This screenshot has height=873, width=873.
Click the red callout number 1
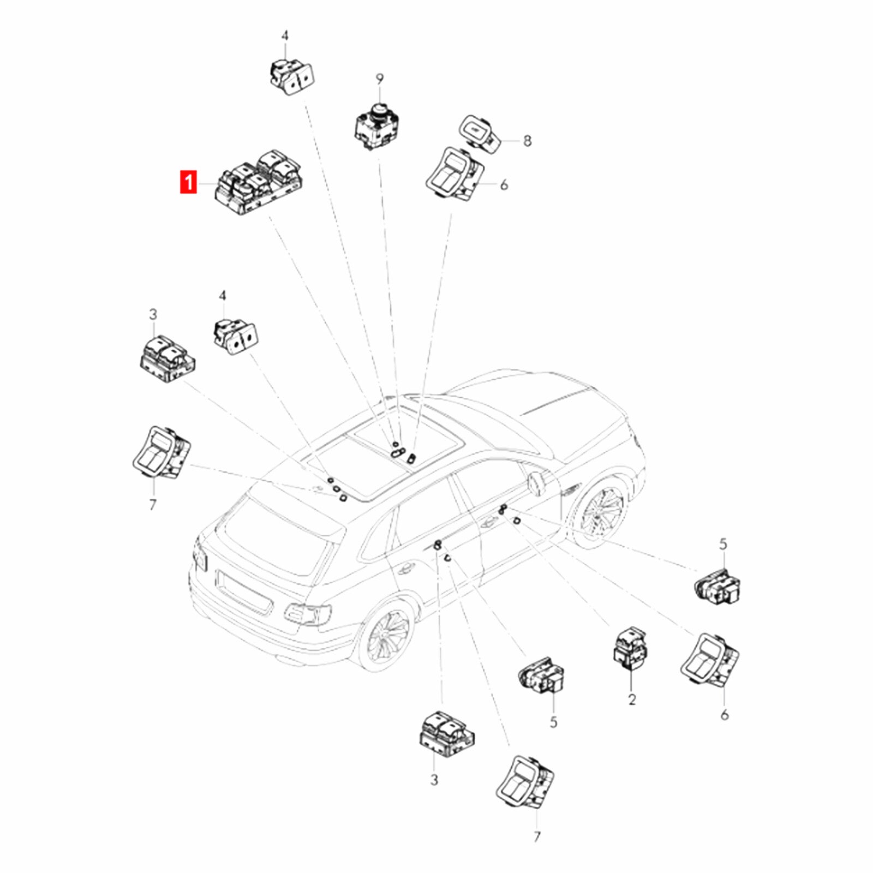point(188,182)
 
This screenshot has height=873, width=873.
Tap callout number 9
point(379,80)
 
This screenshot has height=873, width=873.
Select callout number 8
point(527,141)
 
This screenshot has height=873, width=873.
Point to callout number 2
point(632,699)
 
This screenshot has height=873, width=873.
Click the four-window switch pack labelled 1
point(259,181)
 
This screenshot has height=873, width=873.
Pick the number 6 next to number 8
point(504,185)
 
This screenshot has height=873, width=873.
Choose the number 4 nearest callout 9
point(285,37)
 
